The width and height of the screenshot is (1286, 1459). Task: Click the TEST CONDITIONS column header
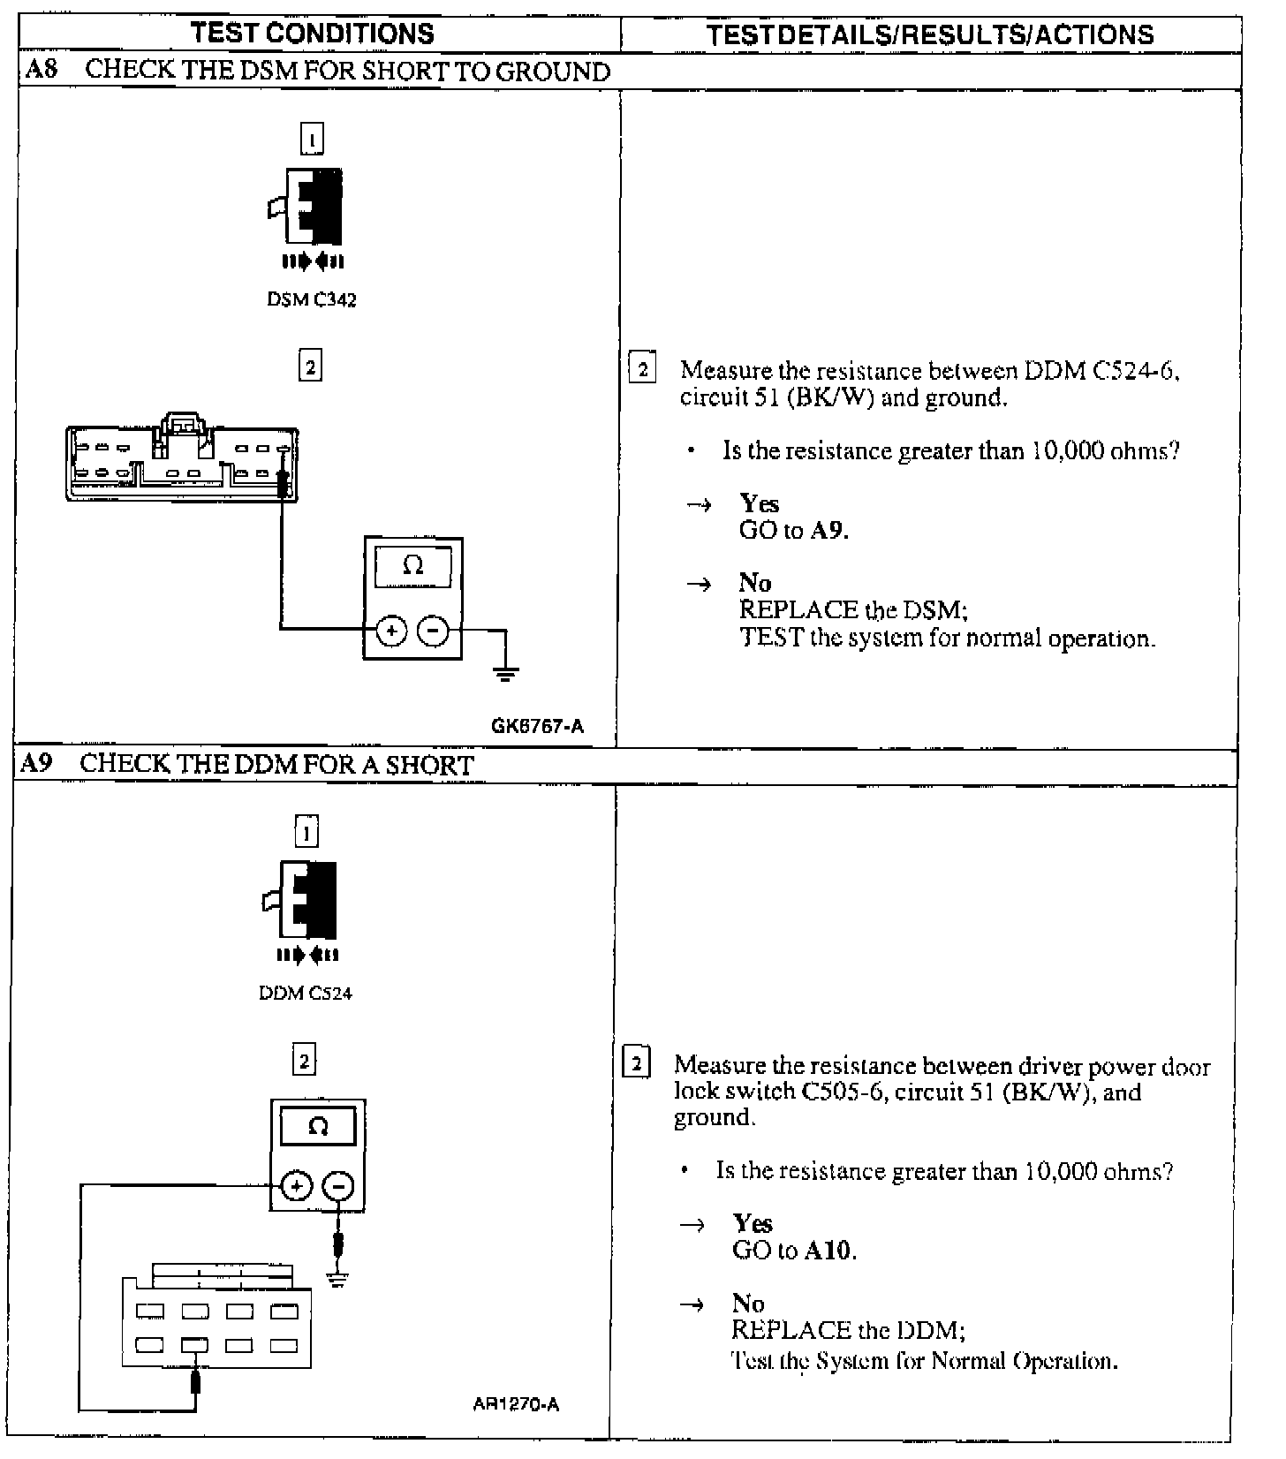coord(313,34)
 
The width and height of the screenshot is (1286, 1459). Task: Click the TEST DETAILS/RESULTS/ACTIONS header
coord(930,35)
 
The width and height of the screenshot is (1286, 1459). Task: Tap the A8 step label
coord(41,70)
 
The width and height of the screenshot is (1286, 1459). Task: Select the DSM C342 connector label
coord(312,299)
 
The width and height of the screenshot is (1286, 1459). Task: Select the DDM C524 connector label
coord(306,993)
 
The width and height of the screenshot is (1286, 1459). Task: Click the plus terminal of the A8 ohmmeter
coord(391,631)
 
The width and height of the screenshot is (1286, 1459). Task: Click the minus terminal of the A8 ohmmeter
coord(433,631)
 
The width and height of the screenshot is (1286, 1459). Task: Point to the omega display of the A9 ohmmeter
coord(318,1127)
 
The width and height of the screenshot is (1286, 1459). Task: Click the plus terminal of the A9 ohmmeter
coord(297,1186)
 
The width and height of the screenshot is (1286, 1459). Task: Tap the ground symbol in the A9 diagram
coord(337,1278)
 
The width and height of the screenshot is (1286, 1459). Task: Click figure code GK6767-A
coord(537,726)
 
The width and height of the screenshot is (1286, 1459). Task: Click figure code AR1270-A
coord(516,1404)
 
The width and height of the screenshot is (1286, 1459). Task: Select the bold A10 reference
coord(829,1251)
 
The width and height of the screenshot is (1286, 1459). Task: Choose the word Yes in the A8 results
coord(759,503)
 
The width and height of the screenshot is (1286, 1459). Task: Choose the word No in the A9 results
coord(748,1303)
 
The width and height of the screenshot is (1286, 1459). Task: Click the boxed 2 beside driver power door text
coord(637,1061)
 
